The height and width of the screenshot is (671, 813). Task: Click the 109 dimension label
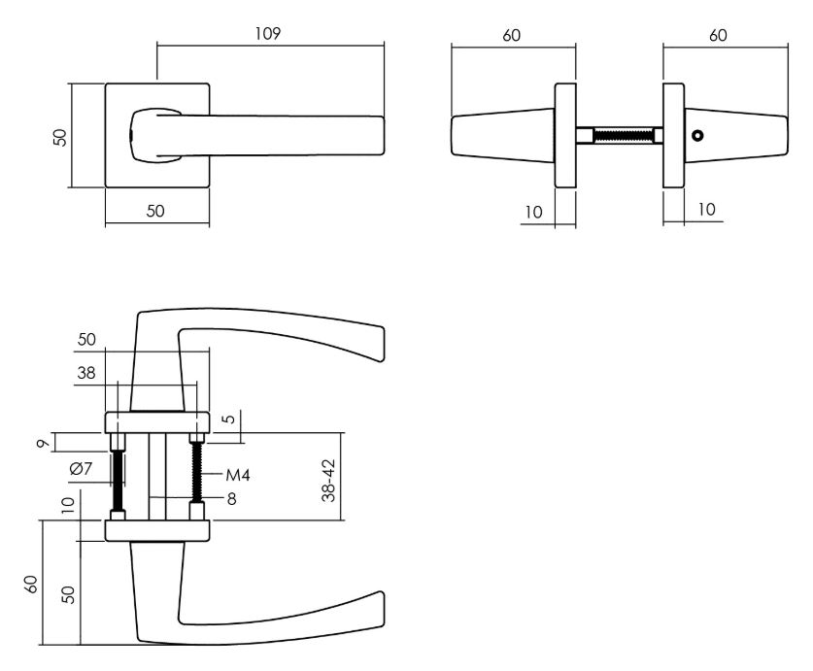(267, 34)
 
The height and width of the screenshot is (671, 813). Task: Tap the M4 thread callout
(238, 475)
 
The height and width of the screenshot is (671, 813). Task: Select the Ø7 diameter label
(81, 469)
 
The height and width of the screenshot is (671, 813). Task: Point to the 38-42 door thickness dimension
(328, 480)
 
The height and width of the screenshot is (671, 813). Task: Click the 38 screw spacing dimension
(86, 372)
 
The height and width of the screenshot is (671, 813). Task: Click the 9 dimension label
(45, 444)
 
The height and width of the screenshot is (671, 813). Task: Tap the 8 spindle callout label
(232, 499)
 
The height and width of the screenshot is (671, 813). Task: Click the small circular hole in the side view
(697, 136)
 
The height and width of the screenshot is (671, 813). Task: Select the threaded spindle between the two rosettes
(619, 135)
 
